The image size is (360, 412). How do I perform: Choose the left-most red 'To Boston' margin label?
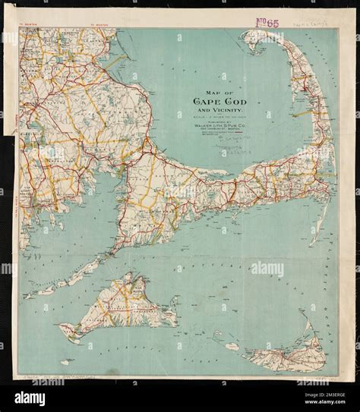[27, 25]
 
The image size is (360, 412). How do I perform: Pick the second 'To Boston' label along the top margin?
[100, 25]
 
